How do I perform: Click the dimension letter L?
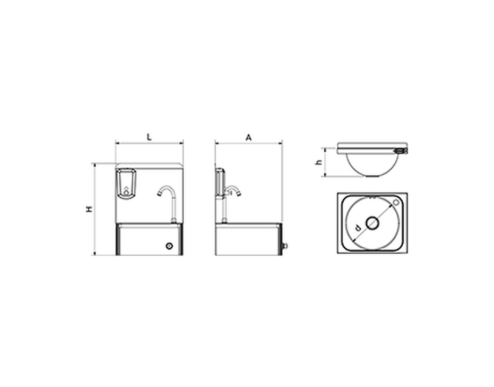point(149,137)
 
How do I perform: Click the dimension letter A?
point(249,138)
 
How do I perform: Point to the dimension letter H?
point(90,209)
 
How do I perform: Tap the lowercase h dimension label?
point(319,162)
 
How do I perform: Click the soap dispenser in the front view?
point(126,184)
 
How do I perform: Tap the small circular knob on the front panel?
point(169,246)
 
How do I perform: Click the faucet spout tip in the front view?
point(159,194)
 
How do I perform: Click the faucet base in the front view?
point(173,220)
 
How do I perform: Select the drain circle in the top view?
point(373,223)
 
